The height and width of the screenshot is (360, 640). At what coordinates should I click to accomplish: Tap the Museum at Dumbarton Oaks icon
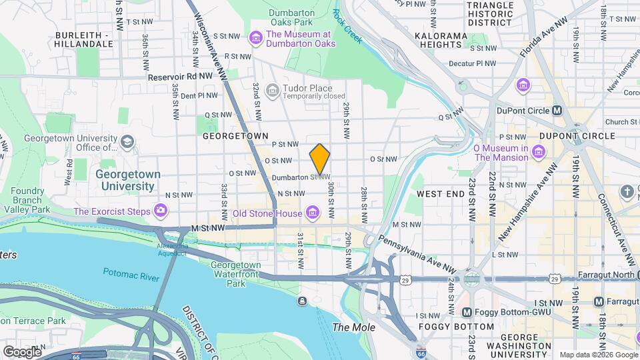(255, 39)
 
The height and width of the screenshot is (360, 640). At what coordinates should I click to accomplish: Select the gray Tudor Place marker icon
(271, 89)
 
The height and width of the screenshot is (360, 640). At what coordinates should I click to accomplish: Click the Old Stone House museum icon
(311, 214)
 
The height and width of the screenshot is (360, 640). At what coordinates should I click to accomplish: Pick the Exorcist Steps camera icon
(160, 211)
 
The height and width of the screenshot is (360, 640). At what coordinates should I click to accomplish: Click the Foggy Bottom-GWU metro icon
(467, 312)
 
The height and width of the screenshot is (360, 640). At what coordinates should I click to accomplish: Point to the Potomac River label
(130, 273)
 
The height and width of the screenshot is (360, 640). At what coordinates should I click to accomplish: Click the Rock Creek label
(347, 27)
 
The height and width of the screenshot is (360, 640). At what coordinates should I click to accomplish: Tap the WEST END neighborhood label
(440, 193)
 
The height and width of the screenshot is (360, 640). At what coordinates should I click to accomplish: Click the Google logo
(22, 351)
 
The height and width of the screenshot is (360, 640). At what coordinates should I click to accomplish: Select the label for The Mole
(353, 327)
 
